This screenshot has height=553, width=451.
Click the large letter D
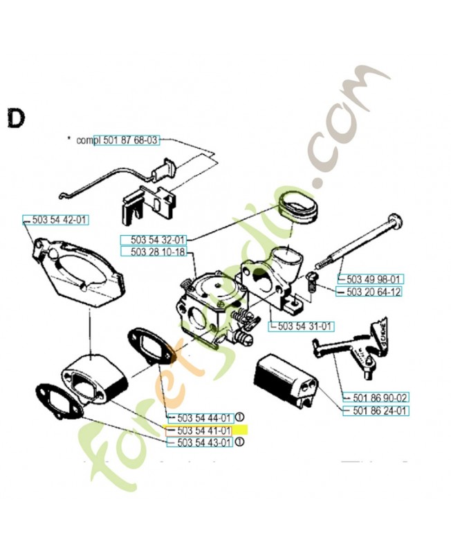pyautogui.click(x=15, y=118)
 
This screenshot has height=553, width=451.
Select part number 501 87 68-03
pyautogui.click(x=131, y=140)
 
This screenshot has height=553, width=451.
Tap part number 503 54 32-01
pyautogui.click(x=157, y=239)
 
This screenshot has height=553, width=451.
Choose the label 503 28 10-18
pyautogui.click(x=157, y=252)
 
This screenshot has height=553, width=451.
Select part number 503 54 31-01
pyautogui.click(x=305, y=326)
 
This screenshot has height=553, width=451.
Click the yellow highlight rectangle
pyautogui.click(x=239, y=430)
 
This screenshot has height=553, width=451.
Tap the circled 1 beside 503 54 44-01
pyautogui.click(x=239, y=417)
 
